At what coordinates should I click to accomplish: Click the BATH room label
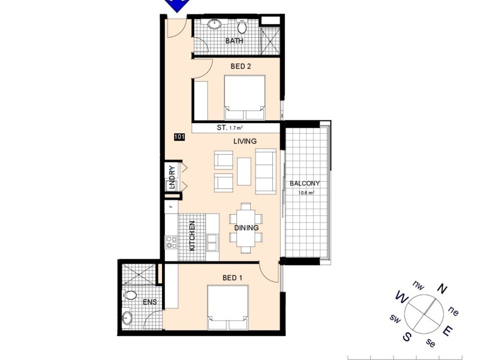pos(233,41)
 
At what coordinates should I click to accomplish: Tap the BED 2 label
pos(241,67)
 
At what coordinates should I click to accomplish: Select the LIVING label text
pos(245,141)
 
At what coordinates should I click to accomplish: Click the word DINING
pos(247,228)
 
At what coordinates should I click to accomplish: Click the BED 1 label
pos(233,278)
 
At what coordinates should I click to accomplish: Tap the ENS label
pos(149,302)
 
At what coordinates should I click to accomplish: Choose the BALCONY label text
pos(305,184)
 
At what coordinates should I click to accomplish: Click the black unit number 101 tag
pos(179,137)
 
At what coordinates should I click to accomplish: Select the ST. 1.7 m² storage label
pos(229,128)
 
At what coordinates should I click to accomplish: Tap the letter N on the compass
pos(442,289)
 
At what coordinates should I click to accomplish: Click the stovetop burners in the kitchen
pos(172,243)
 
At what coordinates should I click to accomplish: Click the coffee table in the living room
pos(244,171)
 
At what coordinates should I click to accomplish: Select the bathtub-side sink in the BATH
pos(215,25)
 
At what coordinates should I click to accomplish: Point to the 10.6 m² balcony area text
pos(307,193)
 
